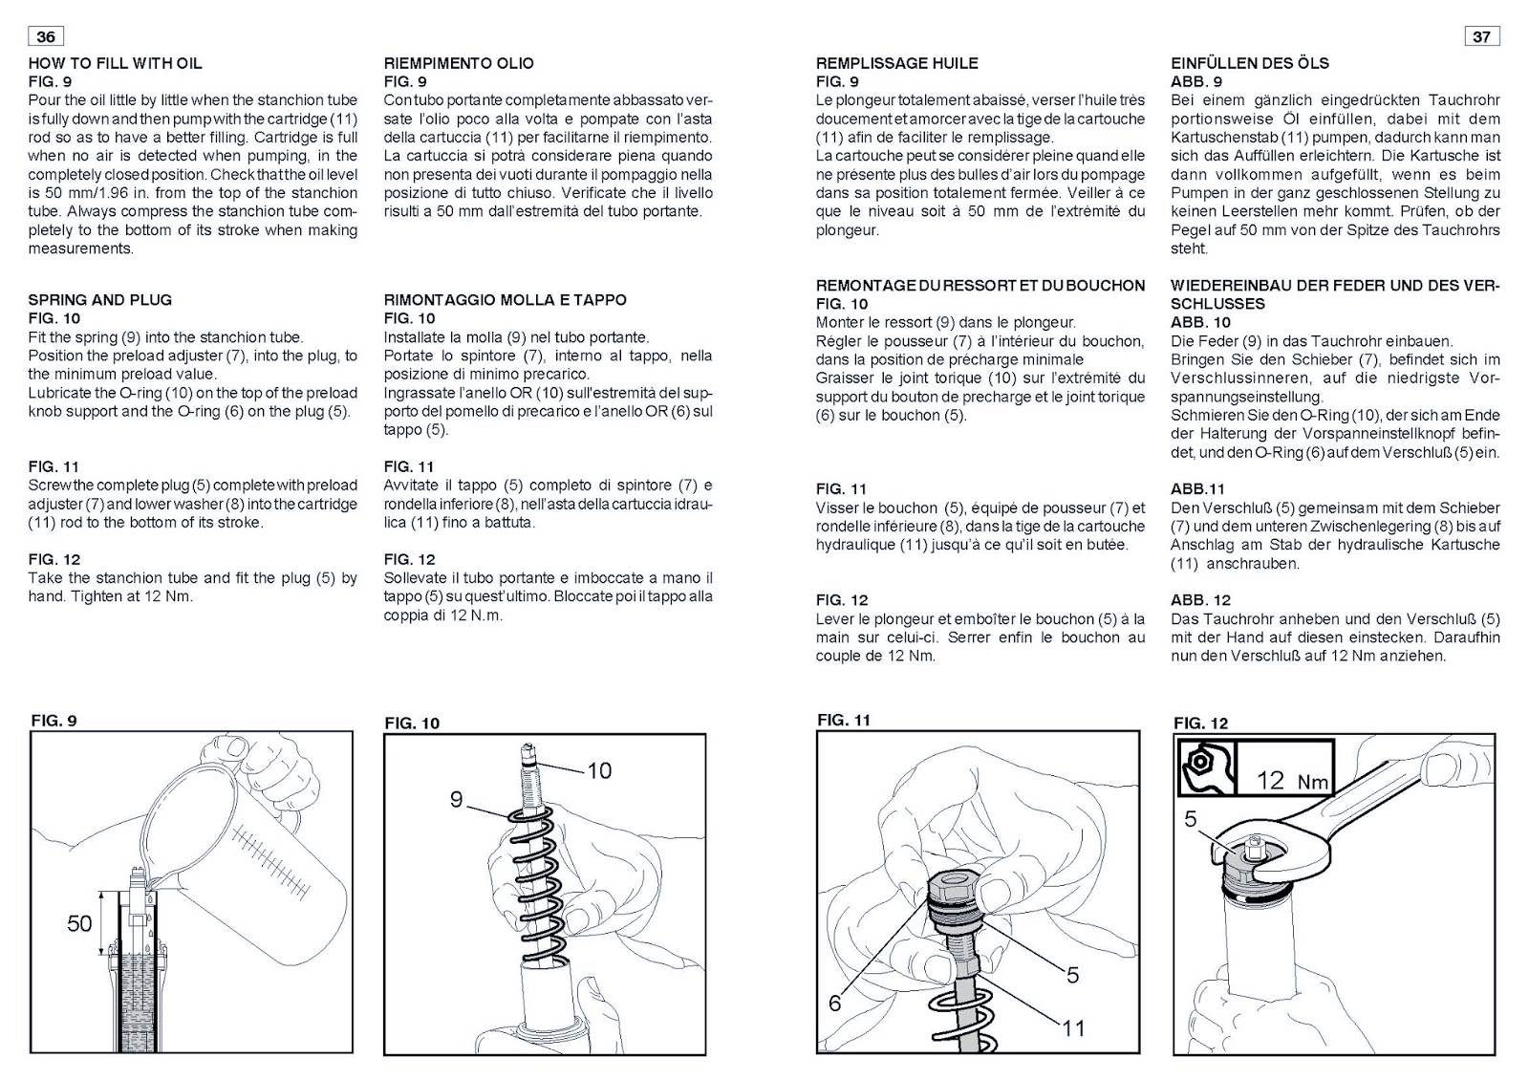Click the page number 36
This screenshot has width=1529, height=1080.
point(46,36)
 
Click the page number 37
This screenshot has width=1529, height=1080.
point(1481,36)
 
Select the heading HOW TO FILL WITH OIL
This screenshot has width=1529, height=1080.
point(115,63)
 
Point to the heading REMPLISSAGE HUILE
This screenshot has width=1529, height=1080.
point(896,63)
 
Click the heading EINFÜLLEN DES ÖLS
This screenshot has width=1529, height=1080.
point(1249,63)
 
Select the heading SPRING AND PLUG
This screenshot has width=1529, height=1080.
point(100,299)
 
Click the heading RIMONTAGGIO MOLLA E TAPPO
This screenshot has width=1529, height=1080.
point(505,299)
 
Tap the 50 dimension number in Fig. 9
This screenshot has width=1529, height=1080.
point(79,923)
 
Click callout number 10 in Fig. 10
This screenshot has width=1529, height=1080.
point(599,770)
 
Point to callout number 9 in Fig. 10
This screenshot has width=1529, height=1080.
point(457,799)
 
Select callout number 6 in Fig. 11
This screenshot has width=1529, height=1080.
point(835,1003)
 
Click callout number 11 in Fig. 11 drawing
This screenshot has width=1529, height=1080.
point(1073,1027)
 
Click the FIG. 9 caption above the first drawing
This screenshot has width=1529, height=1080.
point(54,720)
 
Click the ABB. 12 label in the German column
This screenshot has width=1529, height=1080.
point(1200,600)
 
